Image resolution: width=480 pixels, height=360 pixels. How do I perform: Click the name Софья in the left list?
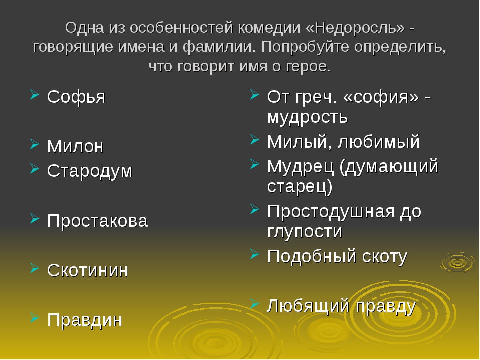pos(76,97)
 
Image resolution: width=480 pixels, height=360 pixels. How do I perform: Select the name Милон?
pos(75,146)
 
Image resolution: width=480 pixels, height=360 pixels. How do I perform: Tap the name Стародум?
pos(90,171)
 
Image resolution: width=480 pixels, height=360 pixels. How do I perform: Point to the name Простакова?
pos(97,221)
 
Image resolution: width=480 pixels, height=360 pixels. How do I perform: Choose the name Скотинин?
pos(88,270)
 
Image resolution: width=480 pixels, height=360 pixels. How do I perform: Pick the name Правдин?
pos(85,320)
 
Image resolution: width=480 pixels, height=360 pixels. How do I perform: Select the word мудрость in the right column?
pos(307,117)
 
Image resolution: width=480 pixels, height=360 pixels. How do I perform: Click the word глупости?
pos(305,232)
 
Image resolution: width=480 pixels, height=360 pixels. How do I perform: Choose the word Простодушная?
pos(331,212)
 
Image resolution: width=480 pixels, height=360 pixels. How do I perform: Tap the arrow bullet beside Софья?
pos(35,94)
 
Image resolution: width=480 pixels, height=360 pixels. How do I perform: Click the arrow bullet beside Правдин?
pos(35,318)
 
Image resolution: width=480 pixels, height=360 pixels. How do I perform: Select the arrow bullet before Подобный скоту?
pos(254,254)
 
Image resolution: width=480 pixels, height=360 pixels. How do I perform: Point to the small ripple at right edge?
pos(457,263)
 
